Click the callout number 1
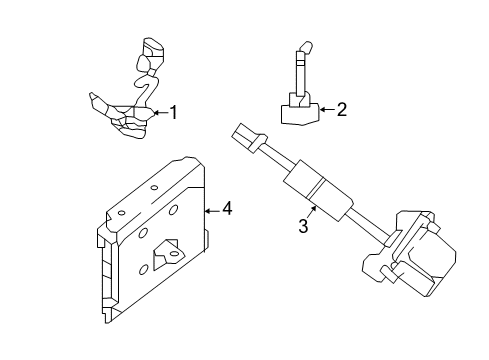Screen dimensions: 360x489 pyautogui.click(x=173, y=113)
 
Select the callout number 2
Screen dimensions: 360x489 pyautogui.click(x=341, y=110)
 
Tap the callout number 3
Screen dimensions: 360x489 pyautogui.click(x=302, y=228)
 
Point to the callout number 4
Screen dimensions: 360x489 pyautogui.click(x=227, y=209)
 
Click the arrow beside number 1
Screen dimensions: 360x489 pyautogui.click(x=160, y=113)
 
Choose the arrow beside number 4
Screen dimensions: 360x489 pyautogui.click(x=211, y=209)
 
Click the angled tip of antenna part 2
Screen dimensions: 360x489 pyautogui.click(x=304, y=46)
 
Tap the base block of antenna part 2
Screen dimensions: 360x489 pyautogui.click(x=297, y=111)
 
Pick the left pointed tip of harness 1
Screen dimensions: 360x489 pyautogui.click(x=93, y=98)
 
